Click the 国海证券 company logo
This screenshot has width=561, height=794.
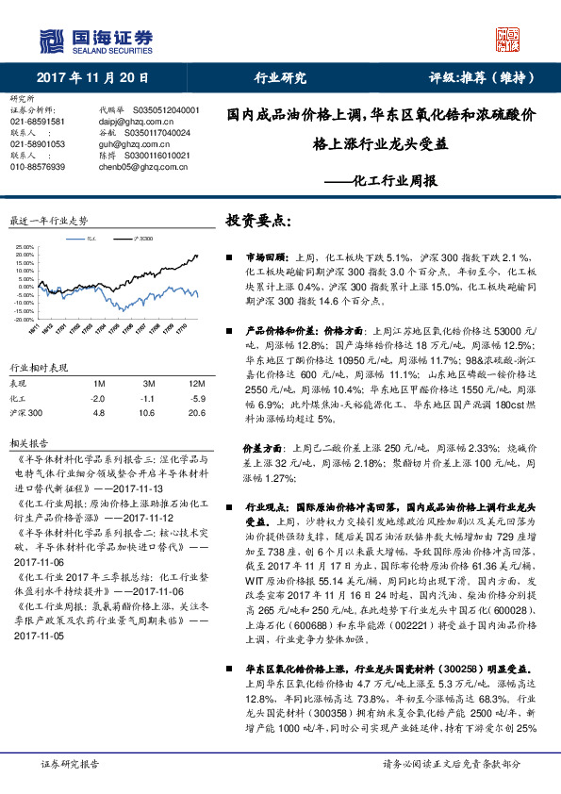95,40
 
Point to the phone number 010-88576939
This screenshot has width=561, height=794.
38,167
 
